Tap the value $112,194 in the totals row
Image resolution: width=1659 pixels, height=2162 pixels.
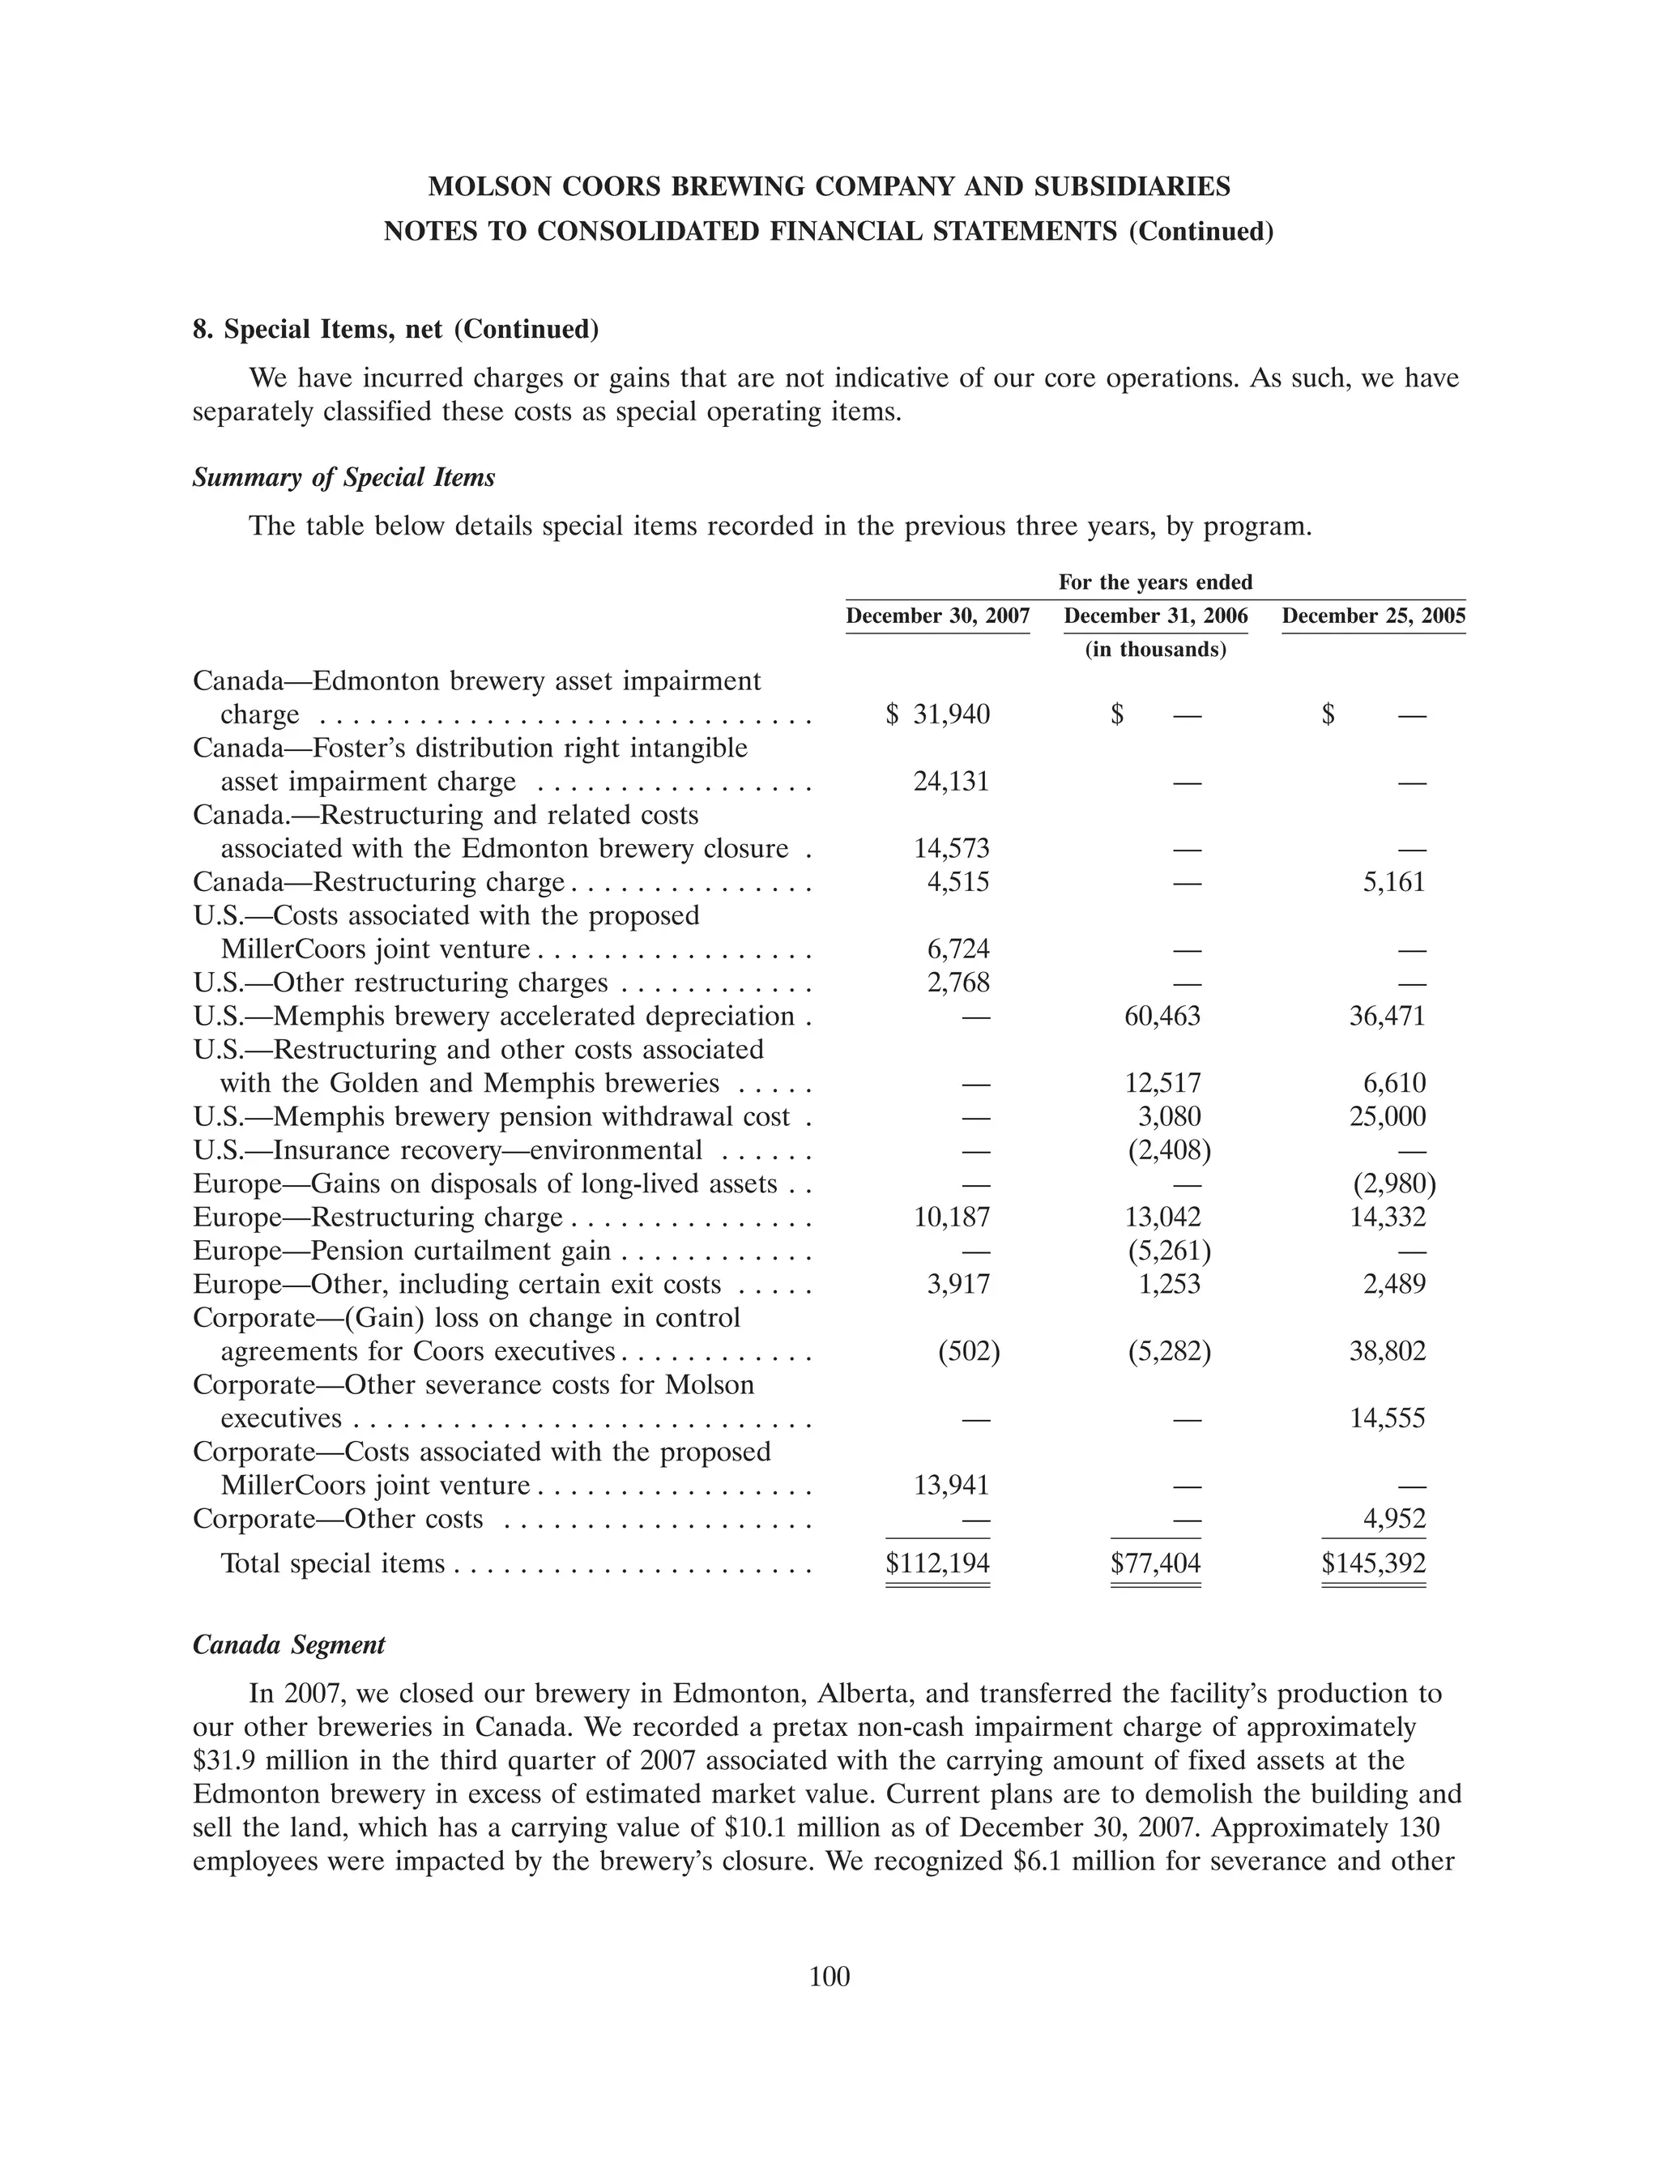pos(937,1563)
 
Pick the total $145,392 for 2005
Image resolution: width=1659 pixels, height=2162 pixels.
pos(1374,1563)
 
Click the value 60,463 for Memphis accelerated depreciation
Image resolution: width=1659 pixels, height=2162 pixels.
pos(1162,1017)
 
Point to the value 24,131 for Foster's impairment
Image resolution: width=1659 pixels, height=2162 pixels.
pos(951,782)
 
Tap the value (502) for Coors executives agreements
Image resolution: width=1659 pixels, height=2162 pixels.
pos(968,1351)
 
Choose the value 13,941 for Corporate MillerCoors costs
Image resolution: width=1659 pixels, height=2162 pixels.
pos(951,1486)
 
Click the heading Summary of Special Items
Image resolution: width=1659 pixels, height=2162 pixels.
pos(343,478)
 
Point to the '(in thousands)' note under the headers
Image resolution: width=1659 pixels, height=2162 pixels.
pos(1155,650)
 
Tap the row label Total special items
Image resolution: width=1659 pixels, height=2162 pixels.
pos(333,1563)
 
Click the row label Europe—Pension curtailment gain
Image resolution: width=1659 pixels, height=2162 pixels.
pos(402,1252)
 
